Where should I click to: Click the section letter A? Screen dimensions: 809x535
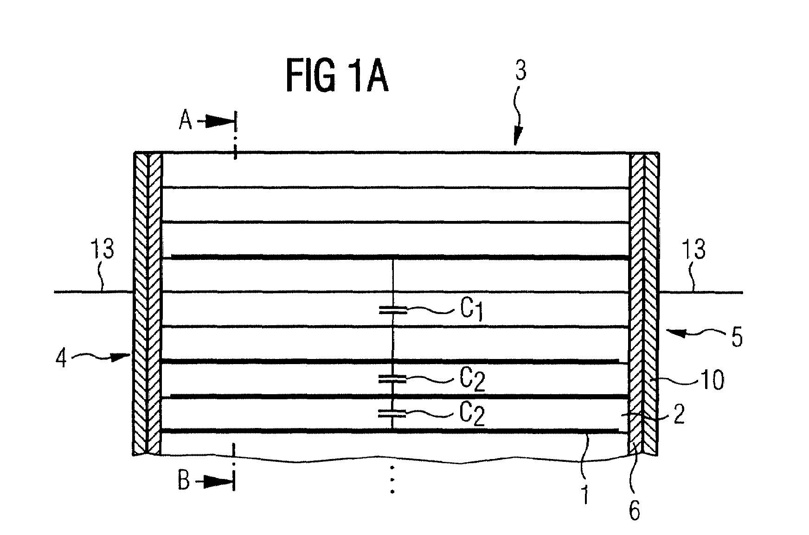pyautogui.click(x=186, y=121)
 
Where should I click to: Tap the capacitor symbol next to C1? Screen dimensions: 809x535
pyautogui.click(x=393, y=310)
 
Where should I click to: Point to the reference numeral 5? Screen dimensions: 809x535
pyautogui.click(x=737, y=338)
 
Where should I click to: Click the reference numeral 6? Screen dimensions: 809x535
pyautogui.click(x=634, y=511)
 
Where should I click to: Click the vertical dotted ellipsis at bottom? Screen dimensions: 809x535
pyautogui.click(x=392, y=479)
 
